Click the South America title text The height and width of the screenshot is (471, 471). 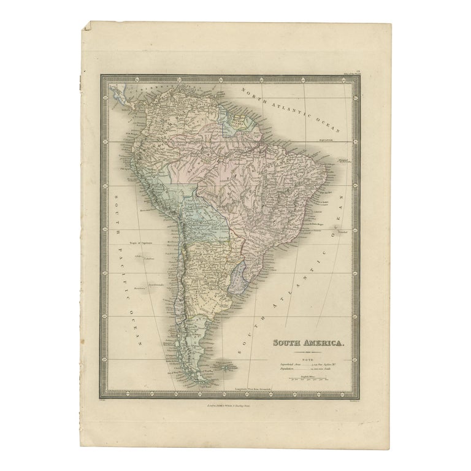tap(308, 344)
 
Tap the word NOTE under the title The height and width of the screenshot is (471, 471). tap(308, 357)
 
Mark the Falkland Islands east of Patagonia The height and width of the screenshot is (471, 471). tap(228, 367)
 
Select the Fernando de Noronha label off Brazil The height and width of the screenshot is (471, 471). tap(347, 161)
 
